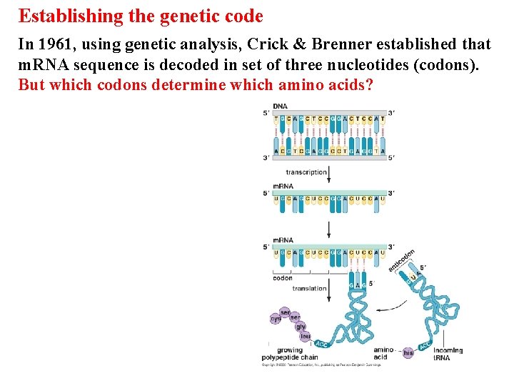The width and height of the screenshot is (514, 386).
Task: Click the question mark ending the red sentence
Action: (x=369, y=85)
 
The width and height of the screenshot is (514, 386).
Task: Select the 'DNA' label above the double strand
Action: (x=280, y=107)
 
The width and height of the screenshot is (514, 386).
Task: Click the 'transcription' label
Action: (x=306, y=172)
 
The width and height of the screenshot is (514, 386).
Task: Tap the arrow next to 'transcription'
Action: (x=329, y=172)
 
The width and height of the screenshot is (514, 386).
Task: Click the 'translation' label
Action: (x=309, y=289)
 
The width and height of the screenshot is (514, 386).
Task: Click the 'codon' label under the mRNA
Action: (x=283, y=278)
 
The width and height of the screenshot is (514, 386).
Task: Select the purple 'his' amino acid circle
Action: (x=408, y=352)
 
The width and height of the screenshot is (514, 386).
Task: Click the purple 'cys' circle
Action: (x=276, y=319)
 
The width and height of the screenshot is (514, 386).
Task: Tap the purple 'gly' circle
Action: (x=301, y=327)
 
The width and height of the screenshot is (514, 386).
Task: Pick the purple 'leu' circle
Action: (x=306, y=336)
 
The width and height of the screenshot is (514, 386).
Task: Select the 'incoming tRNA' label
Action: (x=448, y=354)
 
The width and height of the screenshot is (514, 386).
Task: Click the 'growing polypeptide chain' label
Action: (x=289, y=354)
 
